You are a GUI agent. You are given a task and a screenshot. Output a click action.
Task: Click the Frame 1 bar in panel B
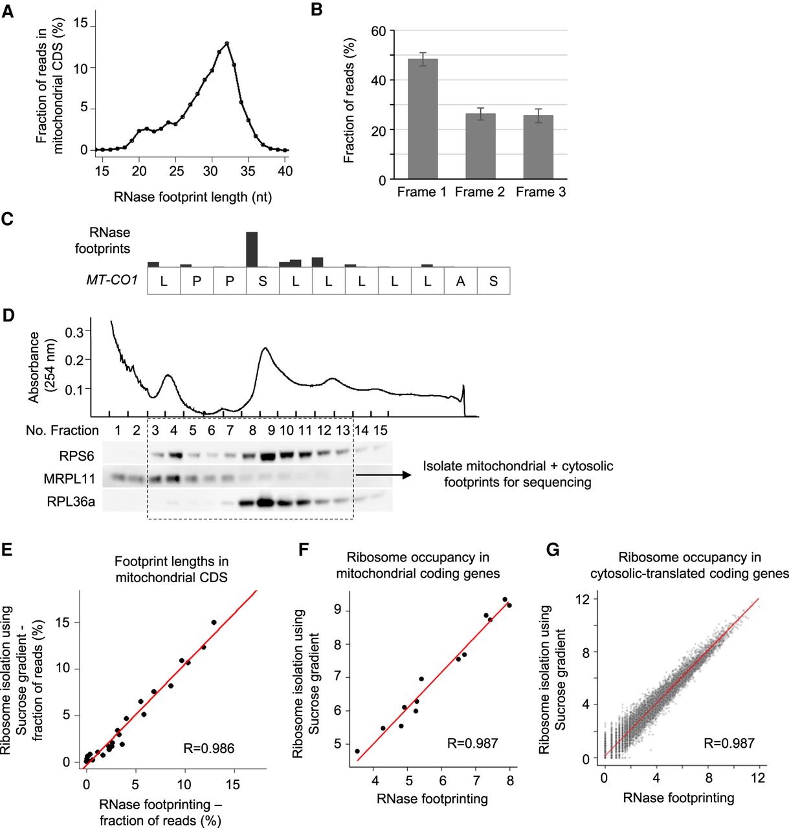pyautogui.click(x=423, y=119)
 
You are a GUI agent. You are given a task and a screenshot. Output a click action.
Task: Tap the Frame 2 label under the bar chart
pyautogui.click(x=480, y=192)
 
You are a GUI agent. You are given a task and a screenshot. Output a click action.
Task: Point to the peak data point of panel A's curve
pyautogui.click(x=227, y=43)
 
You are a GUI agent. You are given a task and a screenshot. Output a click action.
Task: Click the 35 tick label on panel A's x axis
pyautogui.click(x=248, y=171)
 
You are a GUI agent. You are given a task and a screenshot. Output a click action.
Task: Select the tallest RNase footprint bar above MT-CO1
pyautogui.click(x=252, y=249)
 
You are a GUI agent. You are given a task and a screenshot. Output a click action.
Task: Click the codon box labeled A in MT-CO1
pyautogui.click(x=460, y=281)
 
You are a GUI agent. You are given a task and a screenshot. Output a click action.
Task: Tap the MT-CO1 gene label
pyautogui.click(x=112, y=280)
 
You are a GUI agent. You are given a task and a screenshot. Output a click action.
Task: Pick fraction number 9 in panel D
pyautogui.click(x=270, y=431)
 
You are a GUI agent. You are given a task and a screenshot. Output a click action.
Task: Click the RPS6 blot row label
pyautogui.click(x=77, y=456)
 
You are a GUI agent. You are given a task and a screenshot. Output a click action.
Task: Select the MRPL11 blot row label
pyautogui.click(x=69, y=479)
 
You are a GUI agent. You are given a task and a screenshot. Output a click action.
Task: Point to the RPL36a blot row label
pyautogui.click(x=71, y=501)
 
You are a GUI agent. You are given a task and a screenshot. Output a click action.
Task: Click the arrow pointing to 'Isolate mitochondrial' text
pyautogui.click(x=383, y=475)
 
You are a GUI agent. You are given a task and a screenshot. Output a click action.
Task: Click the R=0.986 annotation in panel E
pyautogui.click(x=208, y=748)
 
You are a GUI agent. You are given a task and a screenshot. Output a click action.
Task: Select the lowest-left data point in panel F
pyautogui.click(x=357, y=751)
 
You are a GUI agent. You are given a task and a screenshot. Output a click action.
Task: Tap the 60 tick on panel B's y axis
pyautogui.click(x=379, y=31)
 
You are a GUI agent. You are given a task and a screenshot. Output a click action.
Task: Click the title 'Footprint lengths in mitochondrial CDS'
pyautogui.click(x=172, y=569)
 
